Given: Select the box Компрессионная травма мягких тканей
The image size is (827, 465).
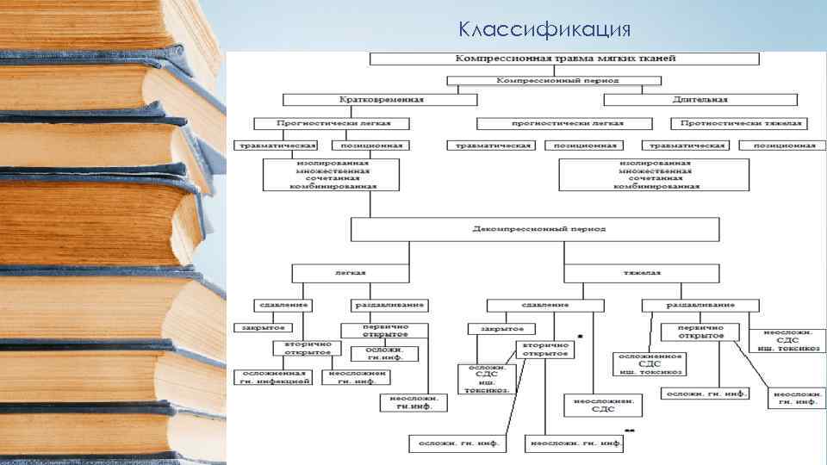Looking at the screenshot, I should (x=564, y=59).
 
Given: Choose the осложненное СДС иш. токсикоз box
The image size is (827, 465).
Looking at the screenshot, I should (x=650, y=363).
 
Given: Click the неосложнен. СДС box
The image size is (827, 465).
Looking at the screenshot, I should (x=603, y=405).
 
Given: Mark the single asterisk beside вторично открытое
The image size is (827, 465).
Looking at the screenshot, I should (x=580, y=336).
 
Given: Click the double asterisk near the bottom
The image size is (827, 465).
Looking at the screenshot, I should (x=630, y=430).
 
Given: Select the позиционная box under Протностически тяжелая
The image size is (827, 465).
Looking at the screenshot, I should (x=784, y=146).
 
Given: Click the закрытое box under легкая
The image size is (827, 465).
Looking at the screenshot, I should (x=264, y=328).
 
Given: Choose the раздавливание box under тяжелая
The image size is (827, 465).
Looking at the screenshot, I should (x=700, y=305).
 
